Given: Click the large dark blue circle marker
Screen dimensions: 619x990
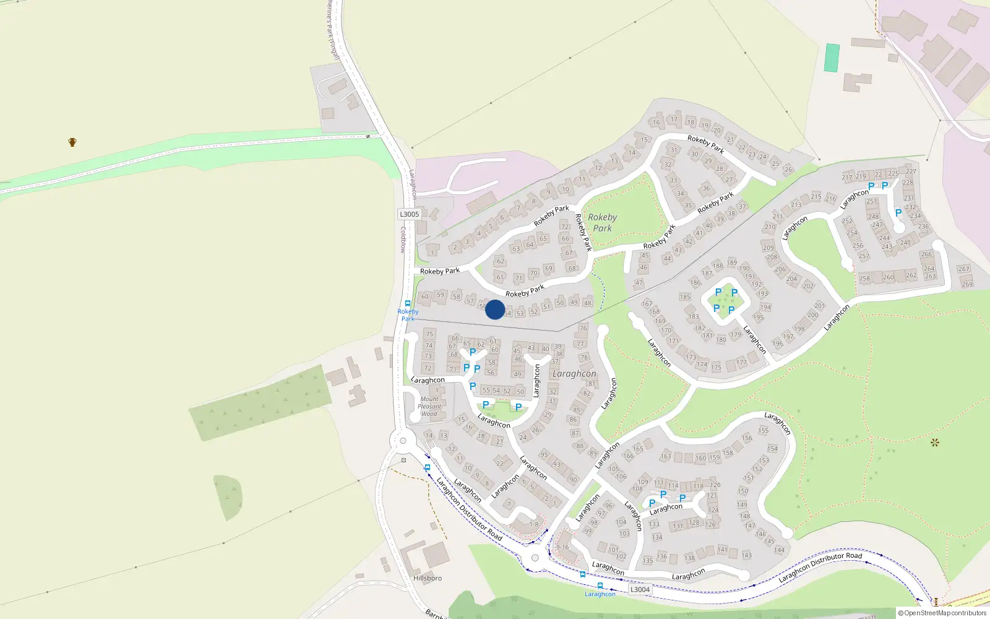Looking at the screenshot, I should (x=495, y=309).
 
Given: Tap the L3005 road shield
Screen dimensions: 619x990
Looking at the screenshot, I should (x=409, y=214).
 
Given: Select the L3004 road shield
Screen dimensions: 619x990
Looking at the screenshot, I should (x=640, y=589).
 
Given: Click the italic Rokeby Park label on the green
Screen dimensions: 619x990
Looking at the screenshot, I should (x=602, y=223).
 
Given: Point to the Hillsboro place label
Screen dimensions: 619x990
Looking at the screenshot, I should (x=428, y=578).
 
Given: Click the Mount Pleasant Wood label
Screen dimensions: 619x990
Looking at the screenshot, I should (x=429, y=407).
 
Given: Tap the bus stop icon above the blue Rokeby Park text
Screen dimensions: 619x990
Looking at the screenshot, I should (x=408, y=303).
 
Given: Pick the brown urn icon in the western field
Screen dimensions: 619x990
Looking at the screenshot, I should (x=72, y=142).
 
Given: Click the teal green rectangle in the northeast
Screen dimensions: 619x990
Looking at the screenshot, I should (x=832, y=58).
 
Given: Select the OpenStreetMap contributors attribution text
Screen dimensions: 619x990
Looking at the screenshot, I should (x=942, y=613).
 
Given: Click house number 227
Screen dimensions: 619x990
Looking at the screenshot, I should (x=911, y=171).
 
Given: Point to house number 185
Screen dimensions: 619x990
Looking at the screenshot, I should (x=685, y=297).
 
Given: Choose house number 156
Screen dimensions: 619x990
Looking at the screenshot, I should (x=747, y=438).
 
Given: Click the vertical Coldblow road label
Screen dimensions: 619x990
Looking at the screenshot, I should (x=403, y=240).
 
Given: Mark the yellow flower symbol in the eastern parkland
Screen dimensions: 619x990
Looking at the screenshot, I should (x=935, y=442).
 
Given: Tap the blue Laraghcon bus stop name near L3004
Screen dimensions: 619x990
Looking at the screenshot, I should (x=600, y=594).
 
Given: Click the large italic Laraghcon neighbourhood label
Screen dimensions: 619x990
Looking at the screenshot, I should (x=574, y=374).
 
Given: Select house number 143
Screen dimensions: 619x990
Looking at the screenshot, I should (x=747, y=555).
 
